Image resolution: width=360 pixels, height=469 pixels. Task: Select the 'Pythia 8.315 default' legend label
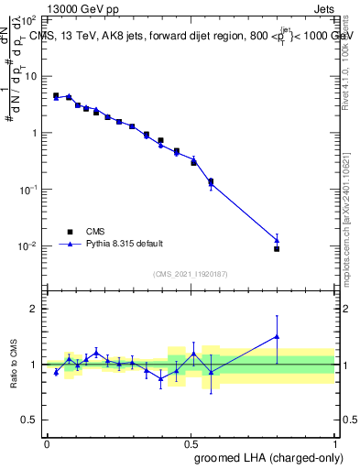pyautogui.click(x=124, y=244)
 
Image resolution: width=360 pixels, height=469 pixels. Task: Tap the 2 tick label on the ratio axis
pyautogui.click(x=34, y=309)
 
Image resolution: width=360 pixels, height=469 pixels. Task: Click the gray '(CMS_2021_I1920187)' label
pyautogui.click(x=190, y=273)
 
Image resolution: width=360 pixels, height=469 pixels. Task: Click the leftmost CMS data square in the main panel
pyautogui.click(x=56, y=95)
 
